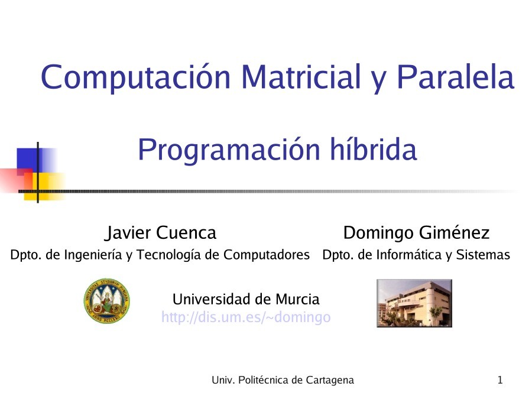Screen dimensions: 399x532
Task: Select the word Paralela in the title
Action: [x=455, y=77]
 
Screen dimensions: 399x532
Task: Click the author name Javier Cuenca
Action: [x=160, y=233]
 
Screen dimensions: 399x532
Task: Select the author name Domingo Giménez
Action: [x=416, y=233]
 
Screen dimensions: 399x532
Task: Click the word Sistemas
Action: [x=486, y=255]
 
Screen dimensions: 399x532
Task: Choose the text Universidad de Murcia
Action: [x=245, y=299]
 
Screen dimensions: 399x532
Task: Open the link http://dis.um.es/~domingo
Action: [x=245, y=317]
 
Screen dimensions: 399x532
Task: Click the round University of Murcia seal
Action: [x=106, y=301]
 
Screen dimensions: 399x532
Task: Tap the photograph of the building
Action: [x=414, y=303]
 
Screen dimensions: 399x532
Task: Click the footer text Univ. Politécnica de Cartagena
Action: [x=283, y=380]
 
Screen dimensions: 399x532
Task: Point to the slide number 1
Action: [x=500, y=380]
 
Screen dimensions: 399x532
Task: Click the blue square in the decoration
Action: [x=30, y=158]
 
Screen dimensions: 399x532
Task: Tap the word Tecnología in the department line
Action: [x=166, y=255]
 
